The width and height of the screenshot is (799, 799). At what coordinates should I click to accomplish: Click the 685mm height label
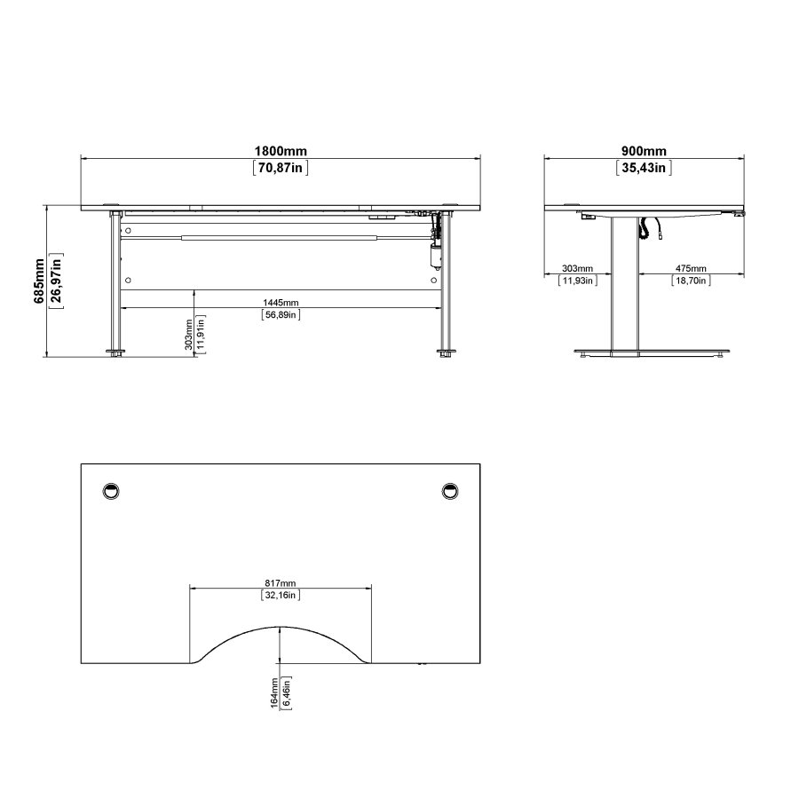tap(39, 280)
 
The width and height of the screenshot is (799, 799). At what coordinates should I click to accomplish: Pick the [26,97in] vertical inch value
tap(56, 280)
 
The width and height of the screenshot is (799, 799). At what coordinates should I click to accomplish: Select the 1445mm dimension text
tap(281, 303)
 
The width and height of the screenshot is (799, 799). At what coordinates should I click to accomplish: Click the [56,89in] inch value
tap(281, 314)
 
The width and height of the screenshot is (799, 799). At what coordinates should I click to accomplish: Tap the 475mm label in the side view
tap(691, 268)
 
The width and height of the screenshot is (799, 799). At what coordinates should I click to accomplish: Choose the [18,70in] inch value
tap(691, 281)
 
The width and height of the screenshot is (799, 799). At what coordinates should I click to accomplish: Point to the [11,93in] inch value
tap(577, 281)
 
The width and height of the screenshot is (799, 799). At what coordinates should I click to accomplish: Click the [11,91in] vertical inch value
tap(202, 334)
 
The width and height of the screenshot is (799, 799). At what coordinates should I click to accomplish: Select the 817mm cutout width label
tap(281, 583)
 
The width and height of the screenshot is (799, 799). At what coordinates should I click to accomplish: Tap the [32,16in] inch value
tap(281, 596)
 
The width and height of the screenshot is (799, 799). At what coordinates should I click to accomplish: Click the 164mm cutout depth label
tap(274, 692)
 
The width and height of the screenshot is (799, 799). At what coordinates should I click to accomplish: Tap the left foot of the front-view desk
tap(115, 353)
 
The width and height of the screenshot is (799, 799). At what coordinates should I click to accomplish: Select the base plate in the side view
tap(651, 353)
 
